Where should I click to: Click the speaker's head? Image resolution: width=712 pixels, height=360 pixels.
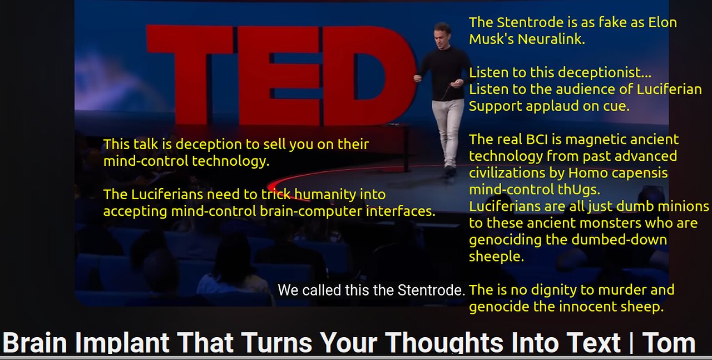click(442, 35)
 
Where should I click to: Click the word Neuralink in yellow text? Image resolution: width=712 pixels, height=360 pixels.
click(551, 39)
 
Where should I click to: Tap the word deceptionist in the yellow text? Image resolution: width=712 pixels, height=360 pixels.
click(590, 73)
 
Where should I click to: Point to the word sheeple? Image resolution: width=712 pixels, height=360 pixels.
click(497, 257)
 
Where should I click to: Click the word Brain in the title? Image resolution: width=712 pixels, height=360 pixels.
click(34, 342)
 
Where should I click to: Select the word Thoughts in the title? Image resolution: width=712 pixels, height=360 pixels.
click(444, 343)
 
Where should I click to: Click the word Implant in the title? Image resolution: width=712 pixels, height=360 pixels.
click(122, 343)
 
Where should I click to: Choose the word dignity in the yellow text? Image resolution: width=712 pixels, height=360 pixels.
click(553, 290)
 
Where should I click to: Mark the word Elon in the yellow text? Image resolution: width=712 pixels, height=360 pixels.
click(662, 23)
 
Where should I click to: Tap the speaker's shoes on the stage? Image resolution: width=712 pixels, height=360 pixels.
click(449, 170)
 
